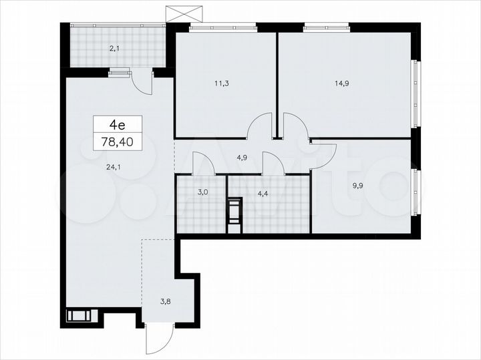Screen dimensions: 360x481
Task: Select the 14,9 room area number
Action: [341, 84]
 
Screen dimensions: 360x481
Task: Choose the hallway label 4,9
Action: [243, 158]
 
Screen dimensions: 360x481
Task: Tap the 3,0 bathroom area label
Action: [202, 192]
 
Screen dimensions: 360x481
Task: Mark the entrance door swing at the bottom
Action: [159, 341]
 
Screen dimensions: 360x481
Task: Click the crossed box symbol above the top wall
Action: [183, 13]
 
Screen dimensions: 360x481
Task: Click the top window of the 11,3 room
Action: [223, 27]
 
